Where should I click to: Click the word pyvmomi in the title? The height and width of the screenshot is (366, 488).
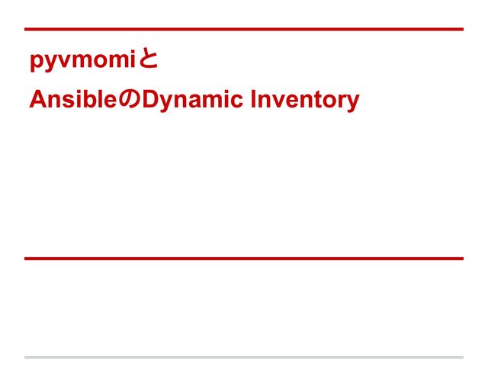(x=82, y=61)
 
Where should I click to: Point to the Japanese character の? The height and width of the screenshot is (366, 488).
(x=130, y=101)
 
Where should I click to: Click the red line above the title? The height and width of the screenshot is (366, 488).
(x=244, y=30)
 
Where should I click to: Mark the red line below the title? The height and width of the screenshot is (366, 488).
(x=244, y=258)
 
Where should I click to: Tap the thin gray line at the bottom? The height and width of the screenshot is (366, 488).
(x=244, y=357)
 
